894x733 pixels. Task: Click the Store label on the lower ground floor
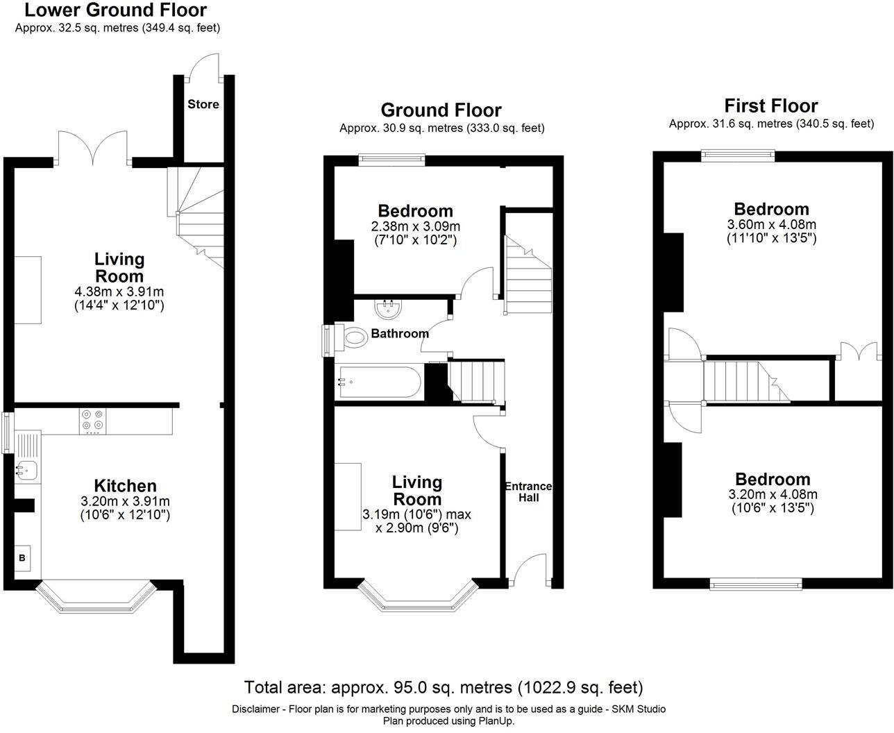click(203, 104)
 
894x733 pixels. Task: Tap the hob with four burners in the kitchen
click(93, 421)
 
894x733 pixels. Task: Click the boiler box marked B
click(22, 557)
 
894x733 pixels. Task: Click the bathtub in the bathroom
click(378, 381)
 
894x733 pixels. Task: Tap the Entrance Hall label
click(528, 491)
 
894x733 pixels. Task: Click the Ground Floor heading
click(441, 110)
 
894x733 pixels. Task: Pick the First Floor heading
click(770, 106)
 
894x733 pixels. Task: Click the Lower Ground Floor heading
click(115, 10)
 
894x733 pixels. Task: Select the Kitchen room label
click(125, 486)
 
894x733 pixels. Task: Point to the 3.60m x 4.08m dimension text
click(771, 224)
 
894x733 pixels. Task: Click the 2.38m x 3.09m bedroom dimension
click(415, 226)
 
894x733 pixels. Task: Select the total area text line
click(443, 687)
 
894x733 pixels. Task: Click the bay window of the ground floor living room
click(418, 597)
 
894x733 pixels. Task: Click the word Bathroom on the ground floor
click(400, 333)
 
